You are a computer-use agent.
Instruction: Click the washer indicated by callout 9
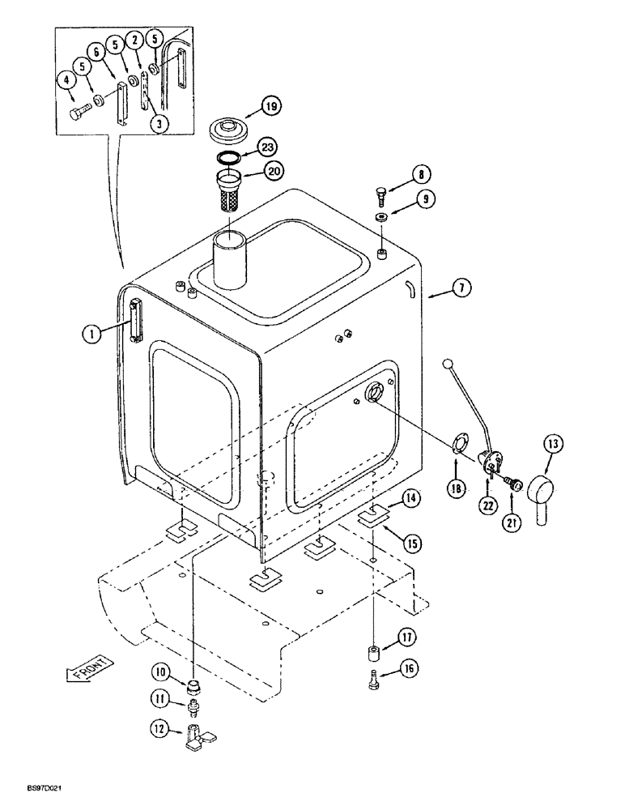(381, 217)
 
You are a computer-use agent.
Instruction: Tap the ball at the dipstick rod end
(448, 365)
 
